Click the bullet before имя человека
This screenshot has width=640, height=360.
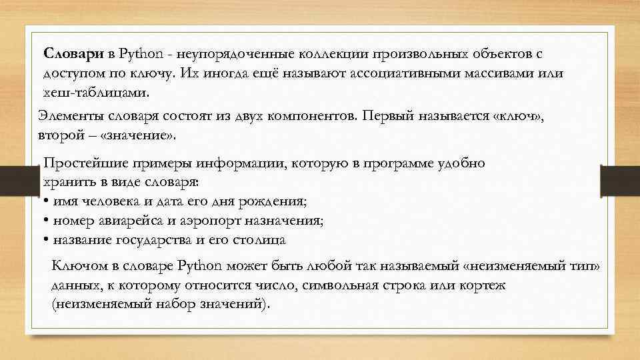45,201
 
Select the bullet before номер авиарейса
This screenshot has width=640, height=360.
45,221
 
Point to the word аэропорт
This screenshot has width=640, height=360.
223,221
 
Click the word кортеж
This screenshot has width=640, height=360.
483,285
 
